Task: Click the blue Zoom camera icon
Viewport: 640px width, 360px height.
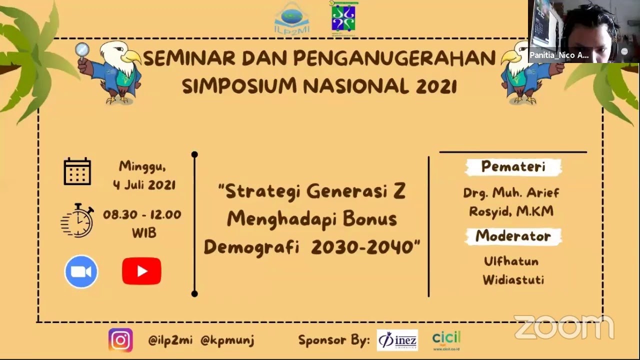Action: [81, 271]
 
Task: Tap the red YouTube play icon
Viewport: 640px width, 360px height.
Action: [141, 271]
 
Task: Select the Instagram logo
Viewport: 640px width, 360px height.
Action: [120, 340]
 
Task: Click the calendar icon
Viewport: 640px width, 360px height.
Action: [77, 171]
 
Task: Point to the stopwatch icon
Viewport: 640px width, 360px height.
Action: [78, 220]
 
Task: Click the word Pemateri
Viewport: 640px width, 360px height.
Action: [513, 167]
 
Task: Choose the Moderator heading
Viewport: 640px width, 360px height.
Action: [513, 236]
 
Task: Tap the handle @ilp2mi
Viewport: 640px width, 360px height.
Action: [170, 340]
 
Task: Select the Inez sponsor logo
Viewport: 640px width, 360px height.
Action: [397, 340]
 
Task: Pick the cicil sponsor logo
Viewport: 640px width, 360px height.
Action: [446, 340]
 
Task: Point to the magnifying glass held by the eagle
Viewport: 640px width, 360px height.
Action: [82, 49]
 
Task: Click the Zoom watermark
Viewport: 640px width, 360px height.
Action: [563, 327]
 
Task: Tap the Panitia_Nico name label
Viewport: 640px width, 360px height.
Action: [559, 55]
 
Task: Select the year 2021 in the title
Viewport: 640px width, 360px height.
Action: [436, 86]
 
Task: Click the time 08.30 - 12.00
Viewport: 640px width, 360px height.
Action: [142, 215]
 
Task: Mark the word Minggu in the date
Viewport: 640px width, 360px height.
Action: [142, 166]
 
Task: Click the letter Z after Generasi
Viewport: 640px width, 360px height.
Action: [399, 191]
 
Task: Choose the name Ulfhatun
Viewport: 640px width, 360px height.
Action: [511, 261]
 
